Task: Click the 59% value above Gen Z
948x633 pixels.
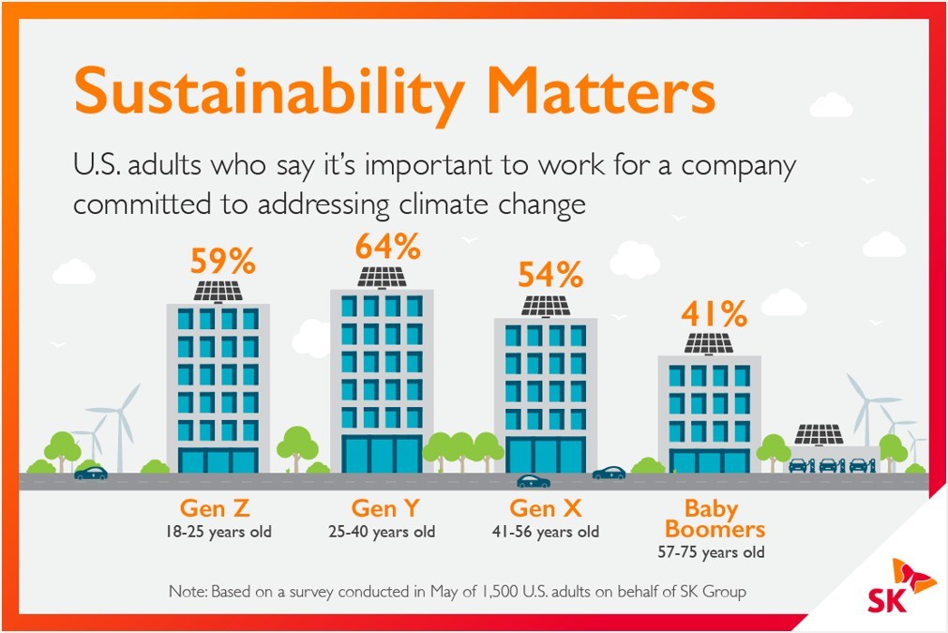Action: click(218, 261)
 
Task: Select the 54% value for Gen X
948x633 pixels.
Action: click(546, 275)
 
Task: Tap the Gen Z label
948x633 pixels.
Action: click(215, 509)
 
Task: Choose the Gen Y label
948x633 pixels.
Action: click(385, 509)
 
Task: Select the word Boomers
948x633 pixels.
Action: click(711, 529)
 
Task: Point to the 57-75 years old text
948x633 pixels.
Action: click(711, 552)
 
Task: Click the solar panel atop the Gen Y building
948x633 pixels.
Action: click(382, 278)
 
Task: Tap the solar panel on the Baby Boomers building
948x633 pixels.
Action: click(709, 343)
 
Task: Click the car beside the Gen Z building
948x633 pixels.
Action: click(91, 473)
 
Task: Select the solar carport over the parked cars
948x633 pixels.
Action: click(819, 434)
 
